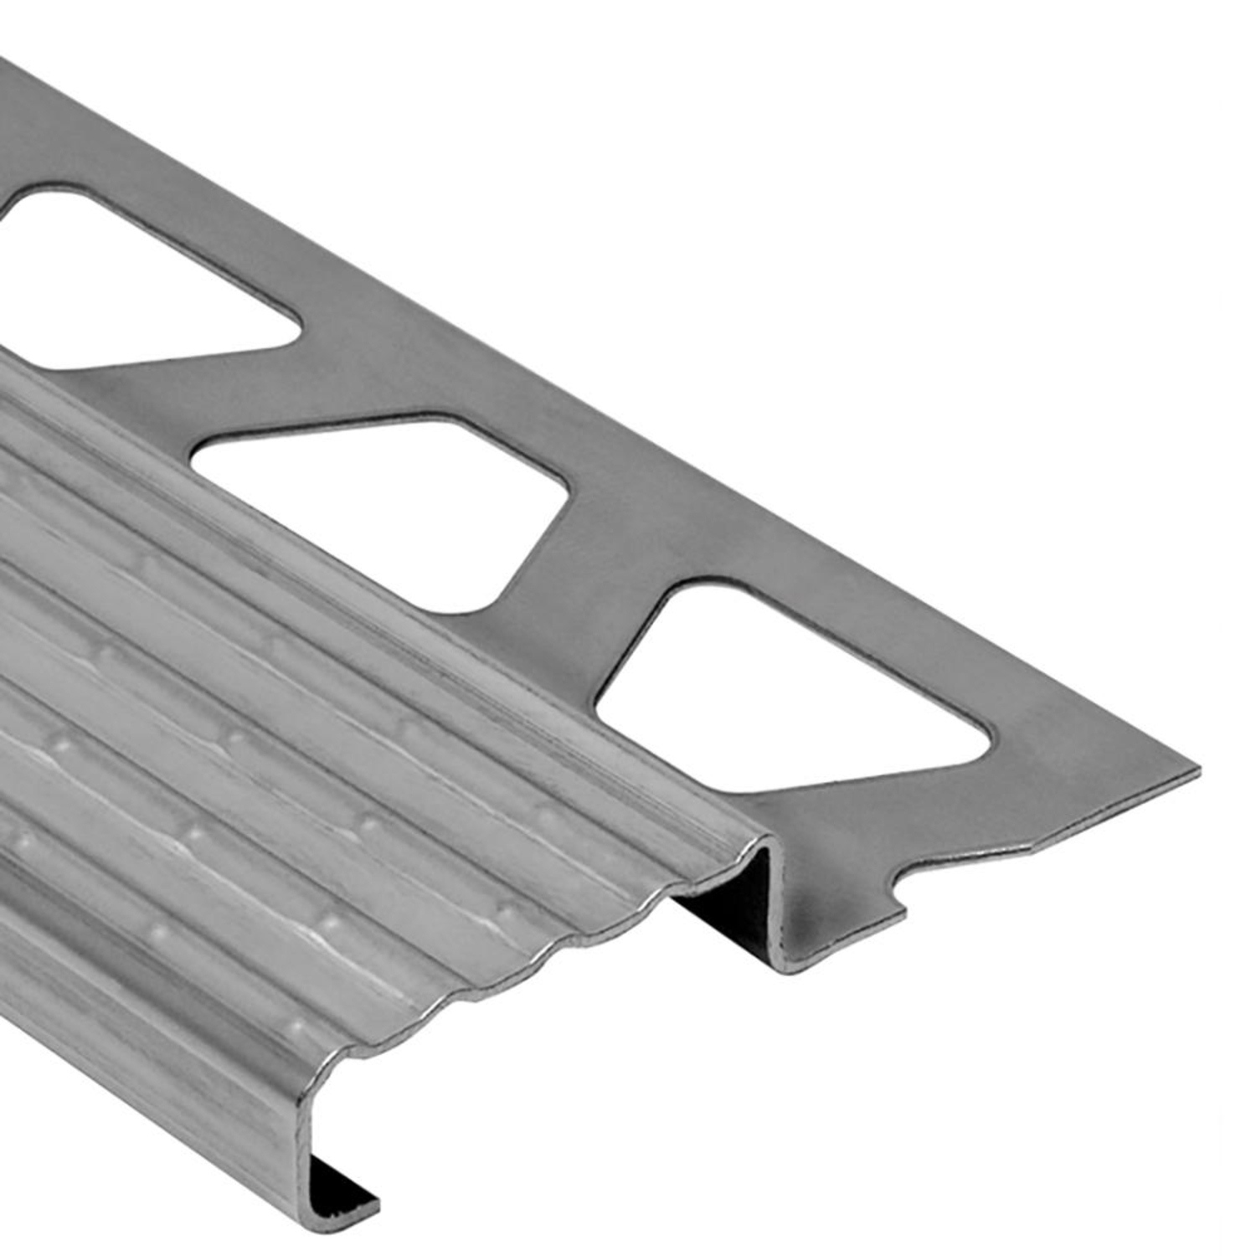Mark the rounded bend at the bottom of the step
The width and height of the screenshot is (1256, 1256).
pos(791,963)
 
